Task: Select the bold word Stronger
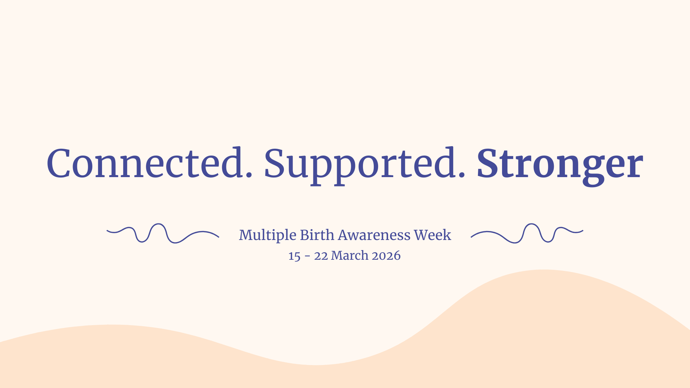coord(560,163)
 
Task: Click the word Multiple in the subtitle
coord(267,235)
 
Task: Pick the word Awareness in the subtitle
coord(374,235)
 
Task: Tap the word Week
coord(432,235)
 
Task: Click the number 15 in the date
coord(294,256)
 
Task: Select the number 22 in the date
coord(321,256)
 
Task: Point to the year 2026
coord(386,256)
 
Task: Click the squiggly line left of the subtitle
coord(162,233)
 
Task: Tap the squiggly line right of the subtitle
coord(527,233)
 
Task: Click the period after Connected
coord(248,175)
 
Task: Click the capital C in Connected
coord(58,163)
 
